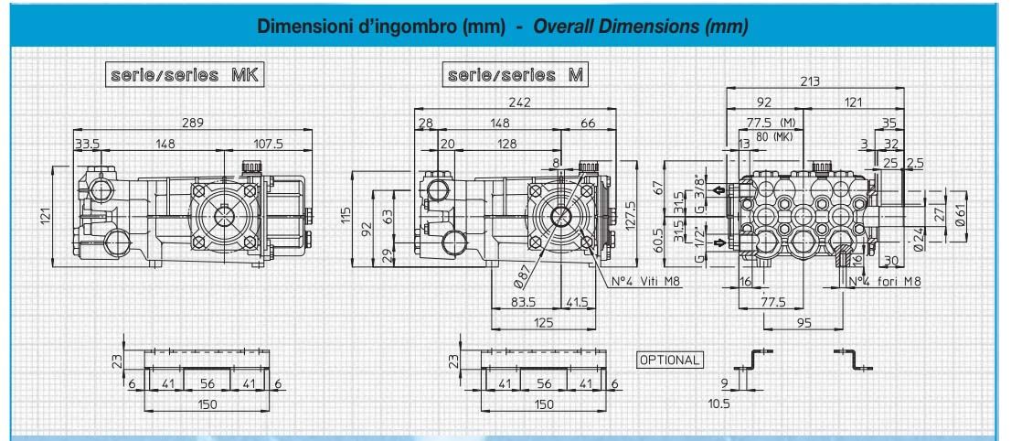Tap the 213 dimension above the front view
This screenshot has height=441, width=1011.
tap(811, 81)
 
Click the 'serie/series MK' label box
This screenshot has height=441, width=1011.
tap(185, 75)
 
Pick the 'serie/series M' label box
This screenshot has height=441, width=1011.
tap(516, 75)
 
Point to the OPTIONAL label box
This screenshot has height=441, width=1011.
tap(669, 360)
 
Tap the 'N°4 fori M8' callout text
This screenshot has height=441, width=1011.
tap(885, 282)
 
